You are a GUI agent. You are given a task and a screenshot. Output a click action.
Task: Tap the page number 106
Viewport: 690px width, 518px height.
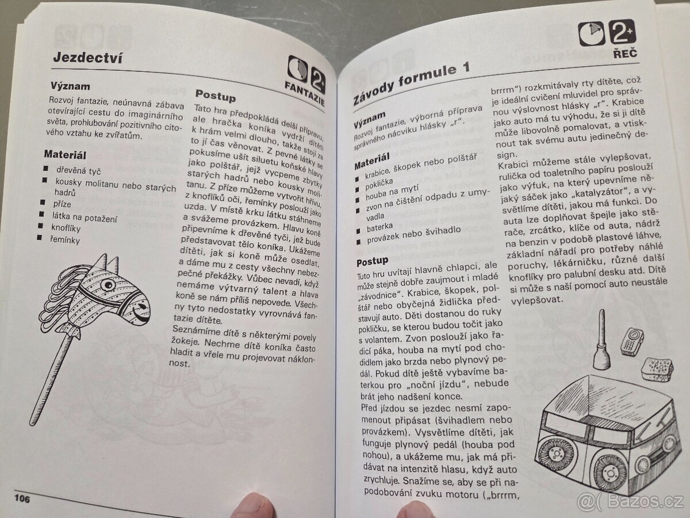tap(22, 499)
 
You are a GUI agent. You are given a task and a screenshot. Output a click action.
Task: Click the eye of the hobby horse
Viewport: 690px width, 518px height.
tap(108, 285)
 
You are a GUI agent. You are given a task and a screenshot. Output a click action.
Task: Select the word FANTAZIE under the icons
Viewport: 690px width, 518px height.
tap(304, 93)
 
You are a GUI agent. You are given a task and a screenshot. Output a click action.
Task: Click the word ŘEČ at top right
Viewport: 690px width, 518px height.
tap(625, 53)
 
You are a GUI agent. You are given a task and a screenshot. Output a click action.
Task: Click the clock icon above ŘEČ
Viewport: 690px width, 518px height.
tap(591, 33)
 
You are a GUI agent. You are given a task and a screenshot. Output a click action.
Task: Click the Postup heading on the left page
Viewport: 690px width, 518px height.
tap(215, 96)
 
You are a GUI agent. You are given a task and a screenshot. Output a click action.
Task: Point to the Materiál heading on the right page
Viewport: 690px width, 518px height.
tap(372, 161)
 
